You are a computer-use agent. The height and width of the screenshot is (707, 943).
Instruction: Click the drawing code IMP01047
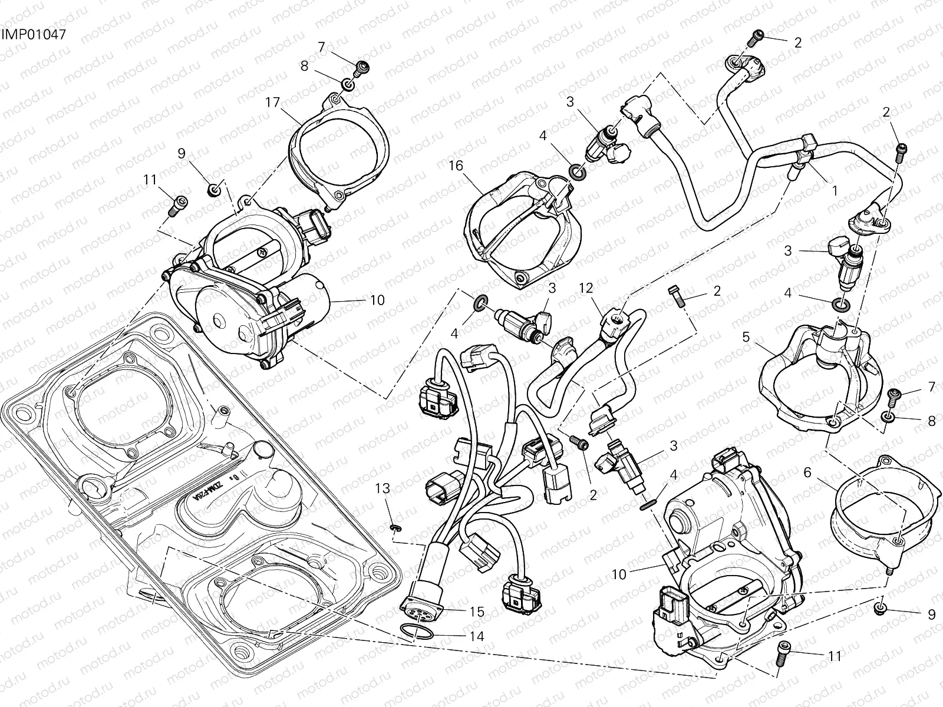tap(32, 34)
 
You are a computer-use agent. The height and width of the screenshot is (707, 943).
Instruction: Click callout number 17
tap(272, 102)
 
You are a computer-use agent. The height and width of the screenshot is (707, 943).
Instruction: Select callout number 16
tap(456, 166)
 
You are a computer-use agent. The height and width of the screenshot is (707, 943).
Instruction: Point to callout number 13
tap(383, 488)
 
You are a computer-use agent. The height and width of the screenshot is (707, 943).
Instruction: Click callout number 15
tap(477, 612)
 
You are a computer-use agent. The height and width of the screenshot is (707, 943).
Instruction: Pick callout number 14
tap(477, 636)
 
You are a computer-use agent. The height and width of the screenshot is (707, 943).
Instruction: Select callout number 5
tap(746, 337)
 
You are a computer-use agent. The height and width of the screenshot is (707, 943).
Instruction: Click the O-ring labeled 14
tap(417, 633)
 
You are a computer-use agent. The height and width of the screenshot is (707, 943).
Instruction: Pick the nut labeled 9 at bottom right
tap(880, 609)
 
